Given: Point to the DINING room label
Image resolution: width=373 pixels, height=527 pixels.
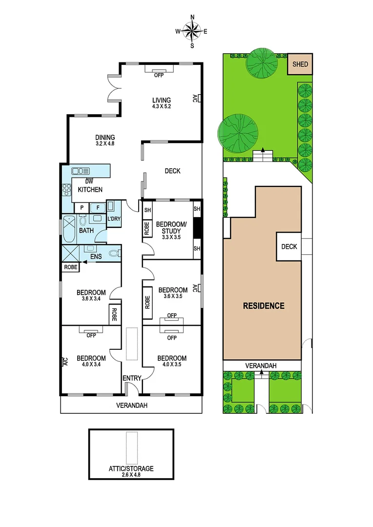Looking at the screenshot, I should click(x=105, y=138).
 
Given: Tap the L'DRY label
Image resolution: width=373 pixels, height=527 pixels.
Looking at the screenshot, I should click(x=114, y=218).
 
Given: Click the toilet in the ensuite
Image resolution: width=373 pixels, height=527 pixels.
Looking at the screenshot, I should click(x=113, y=253).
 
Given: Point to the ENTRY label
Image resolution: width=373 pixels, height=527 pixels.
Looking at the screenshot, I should click(x=132, y=378).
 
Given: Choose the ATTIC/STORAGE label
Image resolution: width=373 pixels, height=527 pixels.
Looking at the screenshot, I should click(x=131, y=468).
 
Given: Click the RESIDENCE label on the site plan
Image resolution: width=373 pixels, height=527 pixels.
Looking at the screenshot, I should click(x=264, y=306).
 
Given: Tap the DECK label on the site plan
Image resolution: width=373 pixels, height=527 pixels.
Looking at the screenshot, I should click(x=289, y=246).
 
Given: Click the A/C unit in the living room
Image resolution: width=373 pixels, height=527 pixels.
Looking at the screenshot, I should click(x=196, y=98).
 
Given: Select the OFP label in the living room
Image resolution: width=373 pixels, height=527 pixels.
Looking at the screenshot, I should click(x=158, y=75).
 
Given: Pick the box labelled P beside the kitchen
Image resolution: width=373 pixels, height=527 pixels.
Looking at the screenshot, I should click(x=82, y=207).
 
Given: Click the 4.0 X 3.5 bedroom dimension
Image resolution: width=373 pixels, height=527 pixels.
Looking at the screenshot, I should click(x=172, y=365).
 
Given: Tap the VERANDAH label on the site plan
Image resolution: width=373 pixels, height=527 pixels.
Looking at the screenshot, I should click(x=261, y=365).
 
